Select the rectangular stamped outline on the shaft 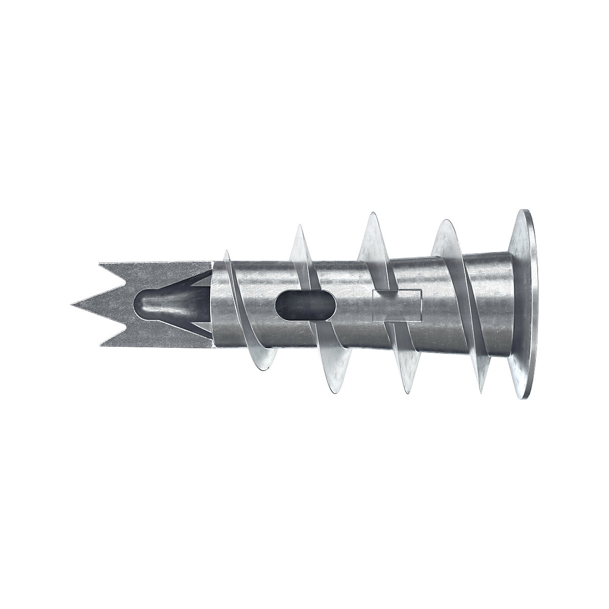point(397,306)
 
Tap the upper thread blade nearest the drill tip point(227,256)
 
